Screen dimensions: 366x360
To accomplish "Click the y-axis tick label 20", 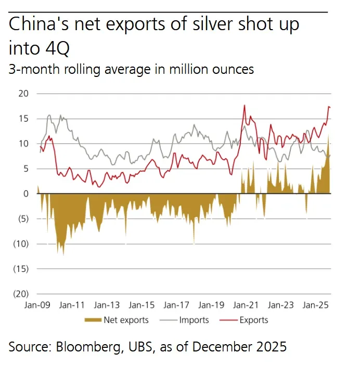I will (23, 94).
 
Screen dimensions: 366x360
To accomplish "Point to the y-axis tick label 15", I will (23, 119).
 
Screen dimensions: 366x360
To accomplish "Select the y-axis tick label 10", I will (23, 144).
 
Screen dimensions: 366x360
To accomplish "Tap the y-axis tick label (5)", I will (22, 219).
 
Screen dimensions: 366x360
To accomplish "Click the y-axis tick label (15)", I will (21, 269).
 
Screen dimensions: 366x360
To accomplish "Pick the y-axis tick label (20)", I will (21, 294).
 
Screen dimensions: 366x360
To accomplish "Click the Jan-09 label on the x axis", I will (37, 306).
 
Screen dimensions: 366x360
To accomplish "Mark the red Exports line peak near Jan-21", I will (244, 106).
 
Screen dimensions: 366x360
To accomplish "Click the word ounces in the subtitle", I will (229, 69).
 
